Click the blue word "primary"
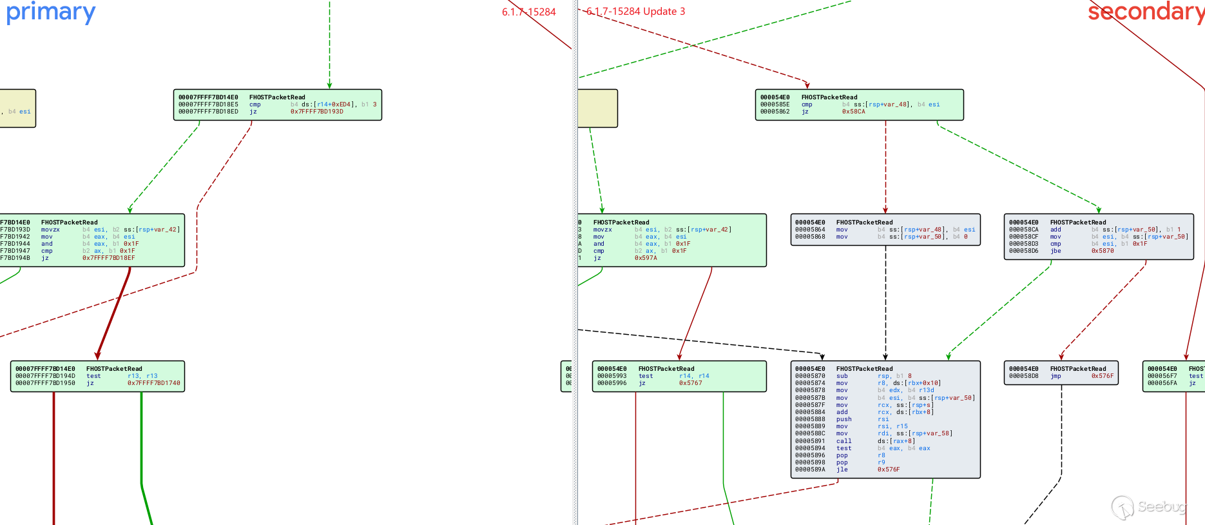tap(50, 12)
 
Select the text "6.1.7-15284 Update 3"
tap(635, 12)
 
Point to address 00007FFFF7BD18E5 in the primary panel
tap(208, 104)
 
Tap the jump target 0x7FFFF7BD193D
tap(316, 112)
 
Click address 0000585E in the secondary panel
tap(775, 104)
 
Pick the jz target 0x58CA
tap(853, 112)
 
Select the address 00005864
tap(810, 230)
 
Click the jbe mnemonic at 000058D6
tap(1056, 251)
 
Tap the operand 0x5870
tap(1103, 251)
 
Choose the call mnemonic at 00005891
tap(843, 441)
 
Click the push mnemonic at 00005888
tap(843, 419)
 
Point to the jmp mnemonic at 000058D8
tap(1056, 376)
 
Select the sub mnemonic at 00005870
tap(842, 376)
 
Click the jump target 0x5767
tap(690, 383)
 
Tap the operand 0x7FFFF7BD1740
tap(153, 383)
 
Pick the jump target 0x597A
tap(646, 258)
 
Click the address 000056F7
tap(1162, 376)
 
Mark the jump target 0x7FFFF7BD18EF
tap(108, 258)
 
